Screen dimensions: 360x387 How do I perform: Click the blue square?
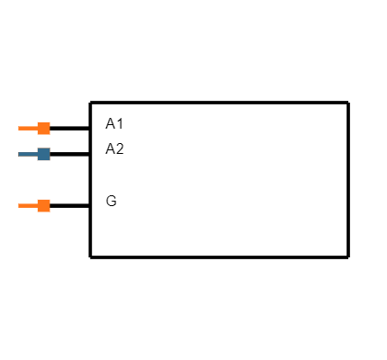[x=43, y=154]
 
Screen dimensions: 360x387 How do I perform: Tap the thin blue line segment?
[x=28, y=154]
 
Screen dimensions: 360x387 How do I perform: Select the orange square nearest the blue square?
[x=43, y=128]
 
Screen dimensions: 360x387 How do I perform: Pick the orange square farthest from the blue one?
[x=43, y=205]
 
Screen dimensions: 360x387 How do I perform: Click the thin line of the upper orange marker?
[x=28, y=128]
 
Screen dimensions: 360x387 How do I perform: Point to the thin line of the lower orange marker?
[x=28, y=205]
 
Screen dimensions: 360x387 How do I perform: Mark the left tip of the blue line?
[x=19, y=154]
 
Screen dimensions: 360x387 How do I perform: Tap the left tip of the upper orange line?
[x=19, y=128]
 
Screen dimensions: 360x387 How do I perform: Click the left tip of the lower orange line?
[x=19, y=205]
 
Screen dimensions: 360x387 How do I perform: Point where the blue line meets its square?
[x=37, y=154]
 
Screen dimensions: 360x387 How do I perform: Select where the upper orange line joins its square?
[x=37, y=128]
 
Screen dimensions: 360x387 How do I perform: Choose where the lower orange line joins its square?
[x=37, y=205]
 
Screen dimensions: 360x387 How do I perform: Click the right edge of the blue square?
[x=49, y=154]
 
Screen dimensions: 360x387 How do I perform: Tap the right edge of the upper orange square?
[x=49, y=128]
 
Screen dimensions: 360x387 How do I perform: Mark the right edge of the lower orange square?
[x=49, y=205]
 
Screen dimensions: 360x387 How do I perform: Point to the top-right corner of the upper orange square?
[x=49, y=121]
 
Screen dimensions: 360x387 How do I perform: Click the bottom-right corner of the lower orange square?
[x=49, y=211]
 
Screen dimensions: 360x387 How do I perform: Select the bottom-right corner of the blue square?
[x=49, y=160]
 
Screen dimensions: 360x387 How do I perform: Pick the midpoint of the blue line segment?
[x=28, y=154]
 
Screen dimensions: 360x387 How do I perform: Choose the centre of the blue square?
[x=43, y=154]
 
